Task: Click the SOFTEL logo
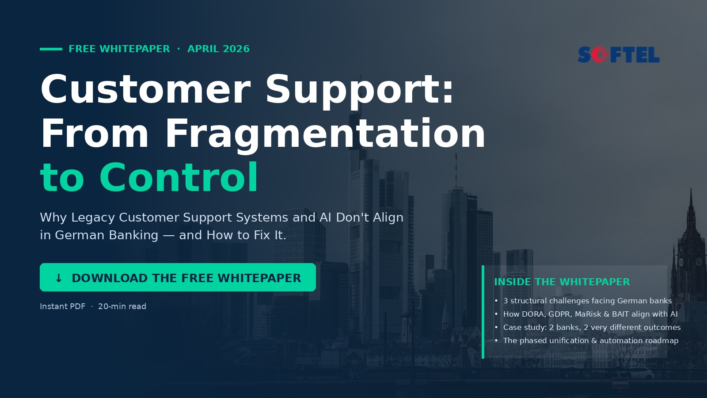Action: pyautogui.click(x=619, y=55)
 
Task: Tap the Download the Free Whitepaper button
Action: pyautogui.click(x=178, y=277)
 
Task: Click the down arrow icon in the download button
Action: pyautogui.click(x=58, y=278)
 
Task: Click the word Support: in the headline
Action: pyautogui.click(x=360, y=90)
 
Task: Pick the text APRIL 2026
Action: pyautogui.click(x=218, y=49)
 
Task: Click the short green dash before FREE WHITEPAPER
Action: pyautogui.click(x=51, y=49)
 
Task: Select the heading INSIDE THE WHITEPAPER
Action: pyautogui.click(x=562, y=282)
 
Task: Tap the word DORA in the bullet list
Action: pyautogui.click(x=533, y=314)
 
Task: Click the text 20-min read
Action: pyautogui.click(x=122, y=306)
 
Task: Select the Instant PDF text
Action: pyautogui.click(x=62, y=306)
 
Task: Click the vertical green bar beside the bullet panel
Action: pyautogui.click(x=483, y=312)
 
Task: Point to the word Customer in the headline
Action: pyautogui.click(x=145, y=89)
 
